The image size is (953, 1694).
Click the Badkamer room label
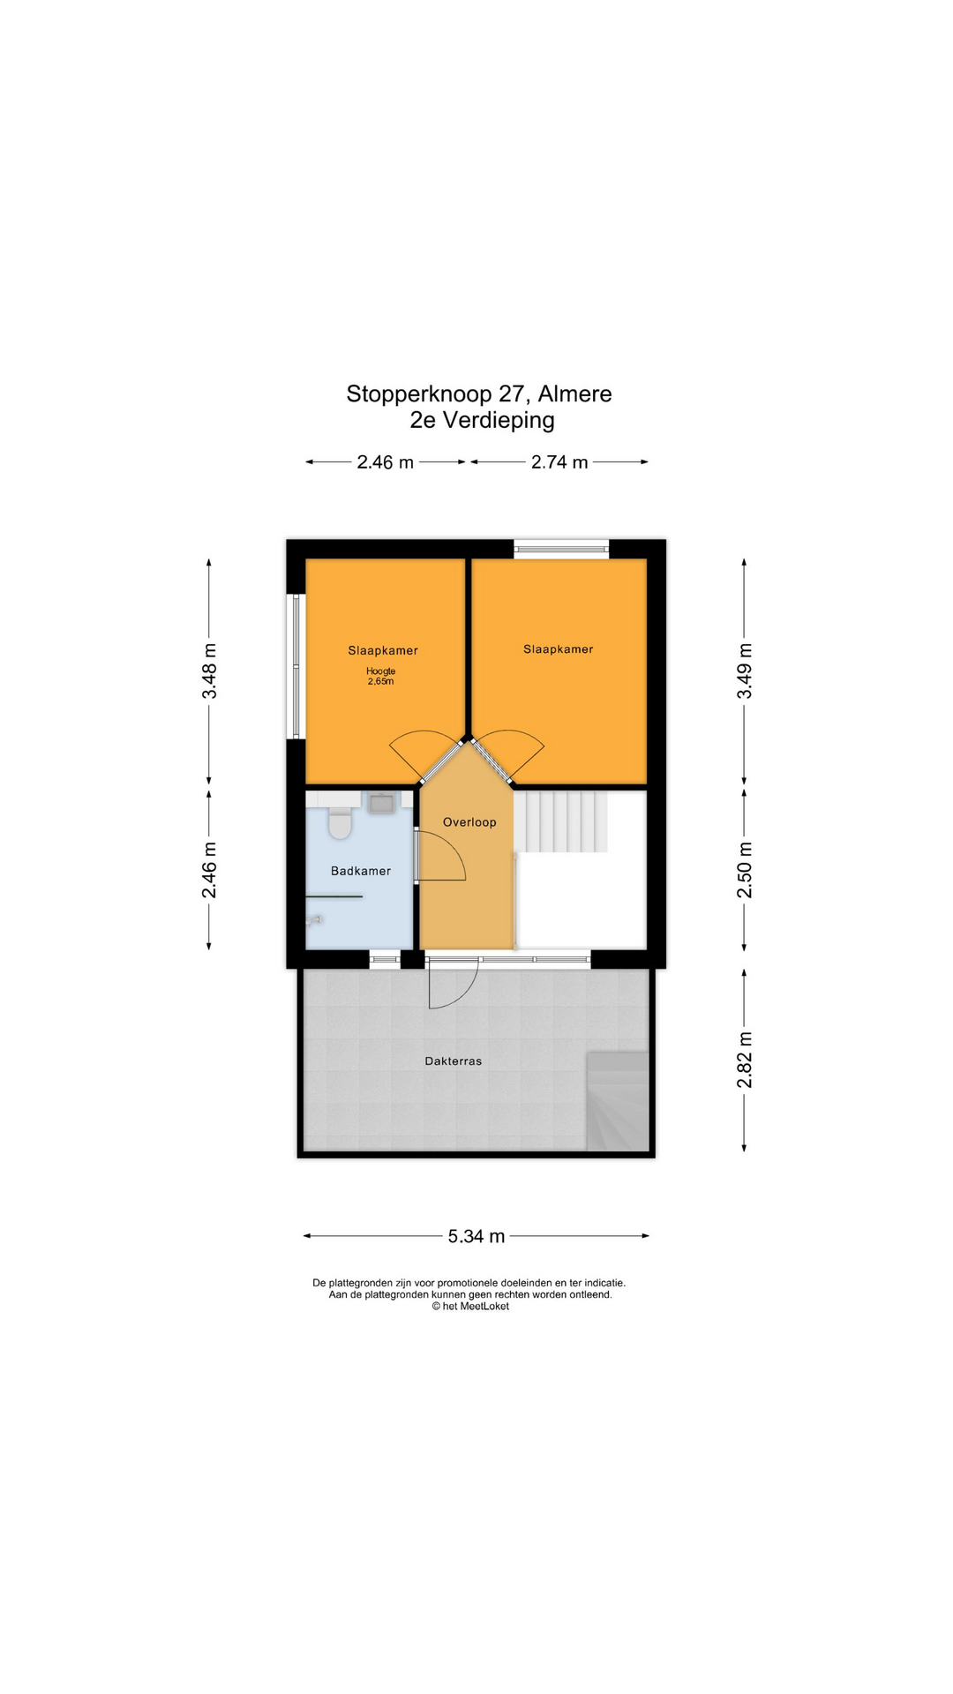click(360, 871)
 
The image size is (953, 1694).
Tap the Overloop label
click(469, 822)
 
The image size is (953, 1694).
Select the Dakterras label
click(454, 1061)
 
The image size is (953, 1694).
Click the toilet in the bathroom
click(340, 824)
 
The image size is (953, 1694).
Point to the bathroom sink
click(381, 803)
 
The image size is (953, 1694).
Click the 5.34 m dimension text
click(476, 1236)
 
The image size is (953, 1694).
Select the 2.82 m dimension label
click(745, 1060)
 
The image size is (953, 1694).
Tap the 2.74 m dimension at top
click(559, 462)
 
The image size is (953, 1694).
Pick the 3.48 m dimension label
click(209, 671)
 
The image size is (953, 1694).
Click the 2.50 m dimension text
click(745, 870)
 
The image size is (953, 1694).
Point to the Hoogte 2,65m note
click(380, 676)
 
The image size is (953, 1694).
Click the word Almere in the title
click(574, 394)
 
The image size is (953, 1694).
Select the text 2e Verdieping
click(482, 420)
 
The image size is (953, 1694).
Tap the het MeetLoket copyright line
click(470, 1307)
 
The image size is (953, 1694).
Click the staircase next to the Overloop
click(562, 821)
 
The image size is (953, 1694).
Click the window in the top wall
click(562, 549)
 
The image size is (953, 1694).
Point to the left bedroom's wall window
click(296, 666)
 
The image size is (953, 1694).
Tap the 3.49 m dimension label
click(745, 671)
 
